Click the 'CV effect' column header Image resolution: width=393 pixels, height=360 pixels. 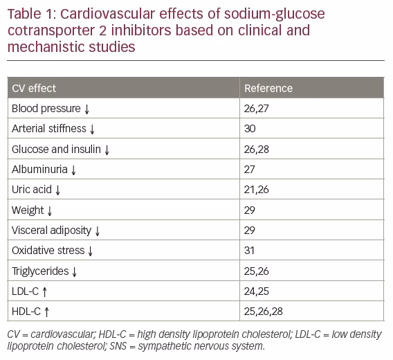point(34,89)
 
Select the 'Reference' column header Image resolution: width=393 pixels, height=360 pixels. point(268,89)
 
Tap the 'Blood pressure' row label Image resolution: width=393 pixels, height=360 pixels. point(46,109)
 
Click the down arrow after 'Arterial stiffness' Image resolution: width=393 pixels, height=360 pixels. point(92,129)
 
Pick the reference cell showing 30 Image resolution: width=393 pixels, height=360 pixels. point(250,129)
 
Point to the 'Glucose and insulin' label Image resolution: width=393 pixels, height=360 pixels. point(57,150)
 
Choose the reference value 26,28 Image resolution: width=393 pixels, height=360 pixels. point(257,150)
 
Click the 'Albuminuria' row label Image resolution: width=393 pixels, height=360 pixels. point(40,170)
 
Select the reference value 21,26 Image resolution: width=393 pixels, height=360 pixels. point(256,190)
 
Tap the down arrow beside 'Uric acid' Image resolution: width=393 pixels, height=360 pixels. point(58,190)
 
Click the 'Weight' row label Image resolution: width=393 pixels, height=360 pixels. point(28,210)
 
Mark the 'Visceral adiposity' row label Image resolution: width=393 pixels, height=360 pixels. point(52,231)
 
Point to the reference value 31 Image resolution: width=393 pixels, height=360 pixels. point(249,251)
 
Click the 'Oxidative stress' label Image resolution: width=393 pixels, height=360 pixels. point(48,251)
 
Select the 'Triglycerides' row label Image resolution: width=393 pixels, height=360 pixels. point(40,271)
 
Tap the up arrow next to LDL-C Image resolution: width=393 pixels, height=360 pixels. point(44,291)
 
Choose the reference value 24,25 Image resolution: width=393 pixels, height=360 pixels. point(257,291)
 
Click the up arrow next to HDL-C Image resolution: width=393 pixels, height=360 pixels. point(46,312)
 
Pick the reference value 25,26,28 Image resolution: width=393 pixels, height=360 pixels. point(264,312)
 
